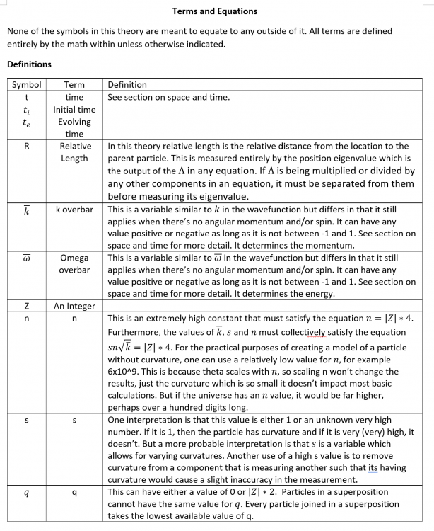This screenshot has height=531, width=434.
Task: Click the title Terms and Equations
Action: (215, 11)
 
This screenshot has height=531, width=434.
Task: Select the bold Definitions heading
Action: (29, 64)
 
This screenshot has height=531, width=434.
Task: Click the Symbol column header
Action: (26, 85)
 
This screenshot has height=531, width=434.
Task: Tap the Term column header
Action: (74, 85)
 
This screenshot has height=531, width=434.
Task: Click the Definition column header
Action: (127, 85)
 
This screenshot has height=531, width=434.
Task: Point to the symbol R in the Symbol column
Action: (26, 146)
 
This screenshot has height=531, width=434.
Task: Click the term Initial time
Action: (74, 110)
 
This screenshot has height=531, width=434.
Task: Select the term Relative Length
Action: (74, 152)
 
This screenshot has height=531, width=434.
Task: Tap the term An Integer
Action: (74, 306)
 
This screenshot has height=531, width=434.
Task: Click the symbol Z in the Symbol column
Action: (26, 306)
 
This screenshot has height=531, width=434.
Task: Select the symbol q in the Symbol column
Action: (26, 491)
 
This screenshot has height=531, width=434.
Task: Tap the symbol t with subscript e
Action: (26, 122)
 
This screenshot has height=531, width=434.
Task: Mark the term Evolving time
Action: (74, 127)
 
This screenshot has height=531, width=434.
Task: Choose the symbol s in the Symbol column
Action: (26, 421)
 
